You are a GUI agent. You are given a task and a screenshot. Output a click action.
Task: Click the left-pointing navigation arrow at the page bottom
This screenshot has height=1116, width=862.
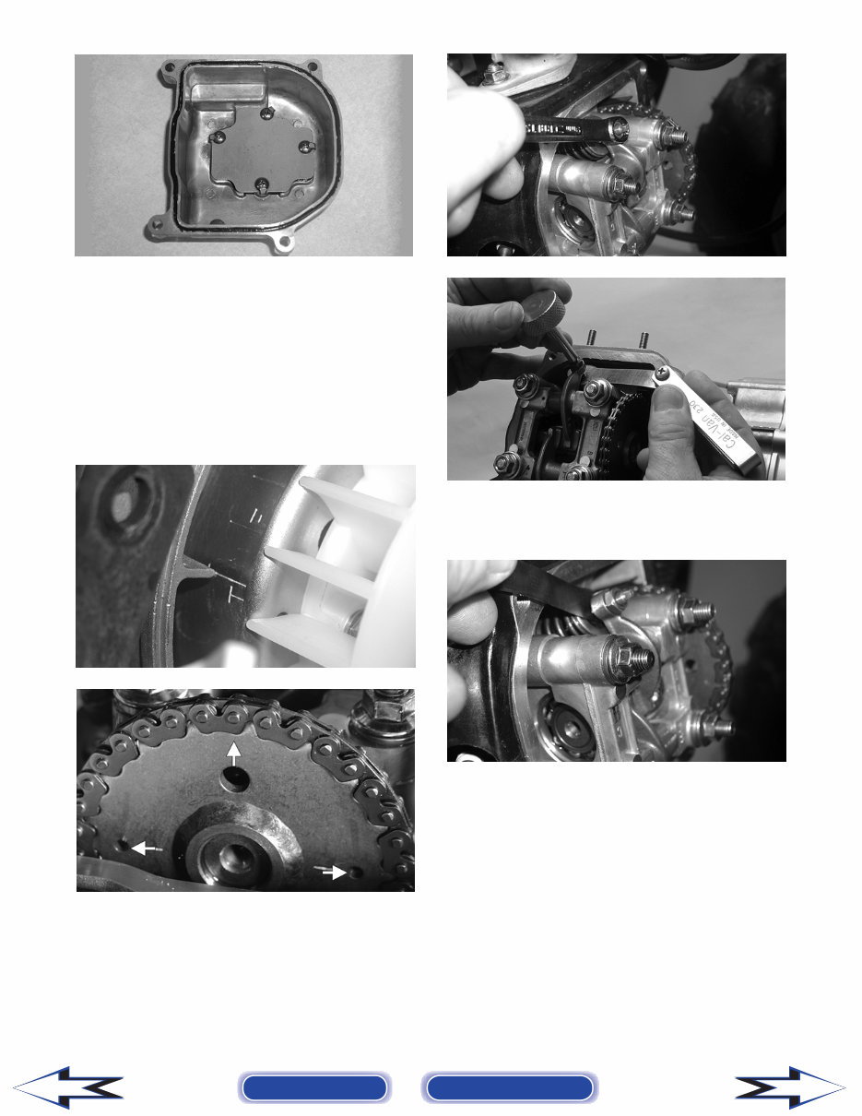(69, 1087)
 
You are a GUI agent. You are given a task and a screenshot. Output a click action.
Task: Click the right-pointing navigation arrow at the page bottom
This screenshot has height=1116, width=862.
(789, 1087)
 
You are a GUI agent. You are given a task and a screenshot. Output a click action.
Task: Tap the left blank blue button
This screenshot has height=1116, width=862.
(313, 1087)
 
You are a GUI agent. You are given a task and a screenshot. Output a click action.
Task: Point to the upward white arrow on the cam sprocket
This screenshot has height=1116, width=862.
(236, 751)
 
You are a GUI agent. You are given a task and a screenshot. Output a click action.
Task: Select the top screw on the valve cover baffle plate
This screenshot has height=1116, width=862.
(266, 113)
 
